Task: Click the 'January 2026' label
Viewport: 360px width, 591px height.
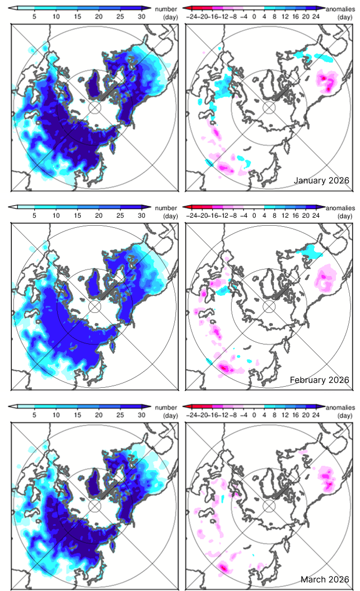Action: pyautogui.click(x=321, y=181)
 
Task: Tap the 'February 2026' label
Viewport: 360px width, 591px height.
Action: pyautogui.click(x=319, y=380)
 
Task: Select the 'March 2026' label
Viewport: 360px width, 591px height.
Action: pyautogui.click(x=325, y=579)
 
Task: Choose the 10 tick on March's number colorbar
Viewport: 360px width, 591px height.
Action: pyautogui.click(x=56, y=415)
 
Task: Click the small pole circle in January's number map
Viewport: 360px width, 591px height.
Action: pyautogui.click(x=95, y=108)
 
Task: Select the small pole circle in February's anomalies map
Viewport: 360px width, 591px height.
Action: pyautogui.click(x=269, y=306)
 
